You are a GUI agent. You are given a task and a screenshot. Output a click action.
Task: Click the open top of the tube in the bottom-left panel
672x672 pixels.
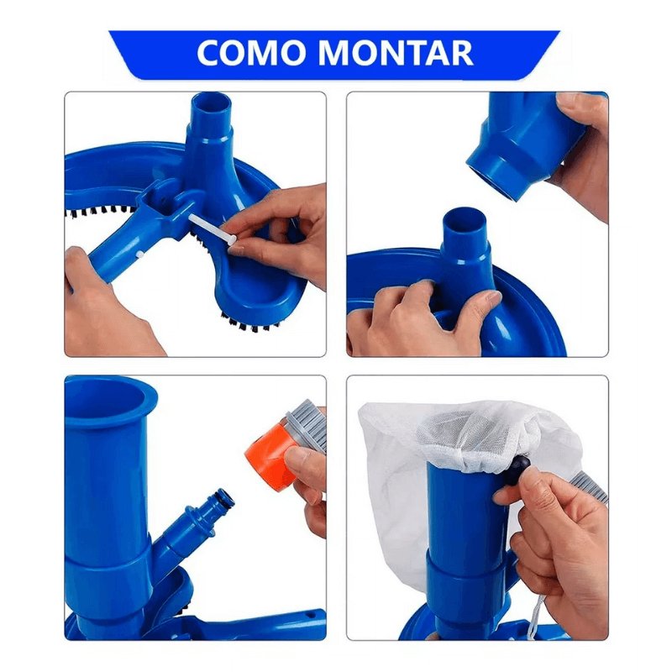tap(109, 392)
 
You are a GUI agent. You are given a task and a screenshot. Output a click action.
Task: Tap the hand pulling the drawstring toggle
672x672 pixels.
tap(554, 546)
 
